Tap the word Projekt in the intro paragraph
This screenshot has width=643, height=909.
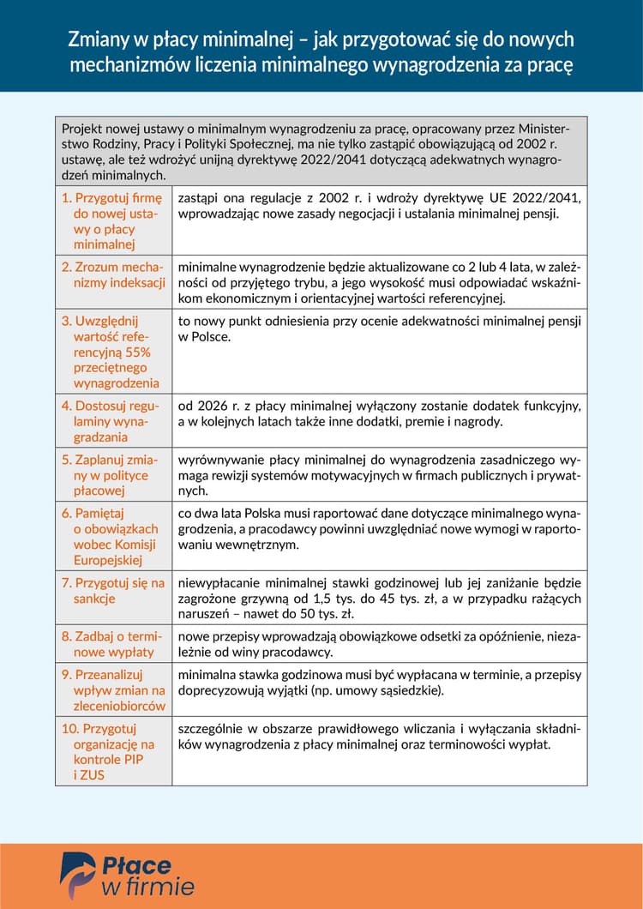tap(84, 129)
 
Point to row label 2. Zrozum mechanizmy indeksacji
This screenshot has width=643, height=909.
tap(112, 274)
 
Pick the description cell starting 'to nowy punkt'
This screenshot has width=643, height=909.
tap(379, 329)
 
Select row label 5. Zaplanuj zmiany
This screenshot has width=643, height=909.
tap(110, 475)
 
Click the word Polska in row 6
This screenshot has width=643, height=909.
tap(257, 513)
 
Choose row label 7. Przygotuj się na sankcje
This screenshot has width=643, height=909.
tap(112, 590)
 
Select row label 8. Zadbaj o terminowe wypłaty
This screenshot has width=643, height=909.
tap(111, 644)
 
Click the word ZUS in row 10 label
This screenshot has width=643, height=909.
tap(90, 775)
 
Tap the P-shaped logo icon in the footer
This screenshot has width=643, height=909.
tap(77, 874)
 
